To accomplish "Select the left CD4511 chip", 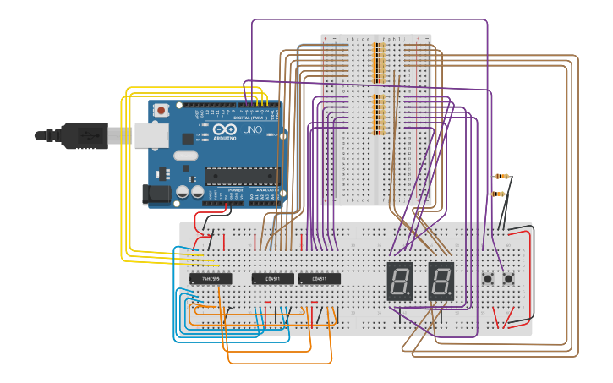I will pos(272,278).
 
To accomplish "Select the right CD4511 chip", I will pos(319,278).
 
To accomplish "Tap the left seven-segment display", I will pos(399,281).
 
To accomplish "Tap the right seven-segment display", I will pos(441,281).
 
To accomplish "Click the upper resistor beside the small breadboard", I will pos(503,177).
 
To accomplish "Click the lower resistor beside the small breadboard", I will pos(500,194).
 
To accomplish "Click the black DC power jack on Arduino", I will pos(159,194).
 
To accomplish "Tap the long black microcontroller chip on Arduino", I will pos(240,176).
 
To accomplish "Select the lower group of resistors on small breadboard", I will pos(378,114).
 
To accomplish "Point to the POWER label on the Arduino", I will pos(235,189).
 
